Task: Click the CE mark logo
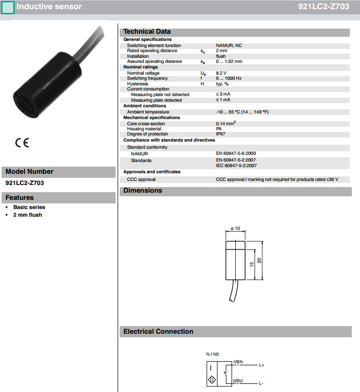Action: (x=22, y=143)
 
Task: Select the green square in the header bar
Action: (x=8, y=7)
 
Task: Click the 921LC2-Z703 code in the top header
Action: (x=324, y=7)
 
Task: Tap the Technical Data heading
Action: (x=147, y=32)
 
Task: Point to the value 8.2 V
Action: (x=222, y=73)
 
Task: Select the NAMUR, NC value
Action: (x=229, y=45)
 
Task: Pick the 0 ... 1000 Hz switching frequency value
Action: (x=229, y=78)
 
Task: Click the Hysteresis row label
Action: (x=138, y=84)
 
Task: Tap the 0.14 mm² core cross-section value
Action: (x=226, y=123)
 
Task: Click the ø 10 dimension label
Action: (x=236, y=228)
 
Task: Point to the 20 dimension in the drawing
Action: (x=259, y=261)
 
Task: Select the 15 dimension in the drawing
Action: (x=251, y=264)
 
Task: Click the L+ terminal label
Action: (x=261, y=365)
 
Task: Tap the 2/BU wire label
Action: (x=238, y=381)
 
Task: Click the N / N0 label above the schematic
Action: (x=213, y=354)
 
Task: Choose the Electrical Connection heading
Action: (x=159, y=332)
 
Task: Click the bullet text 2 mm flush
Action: (x=28, y=215)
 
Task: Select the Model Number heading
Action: (x=29, y=172)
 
